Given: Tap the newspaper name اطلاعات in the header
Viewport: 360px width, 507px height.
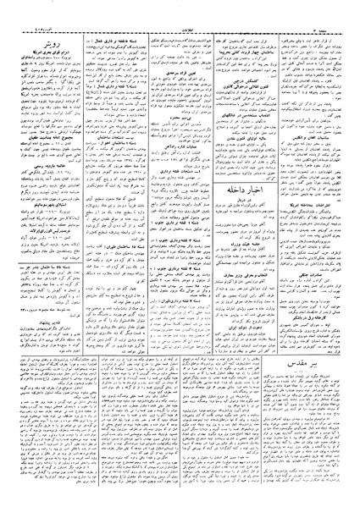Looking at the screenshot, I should (180, 6).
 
